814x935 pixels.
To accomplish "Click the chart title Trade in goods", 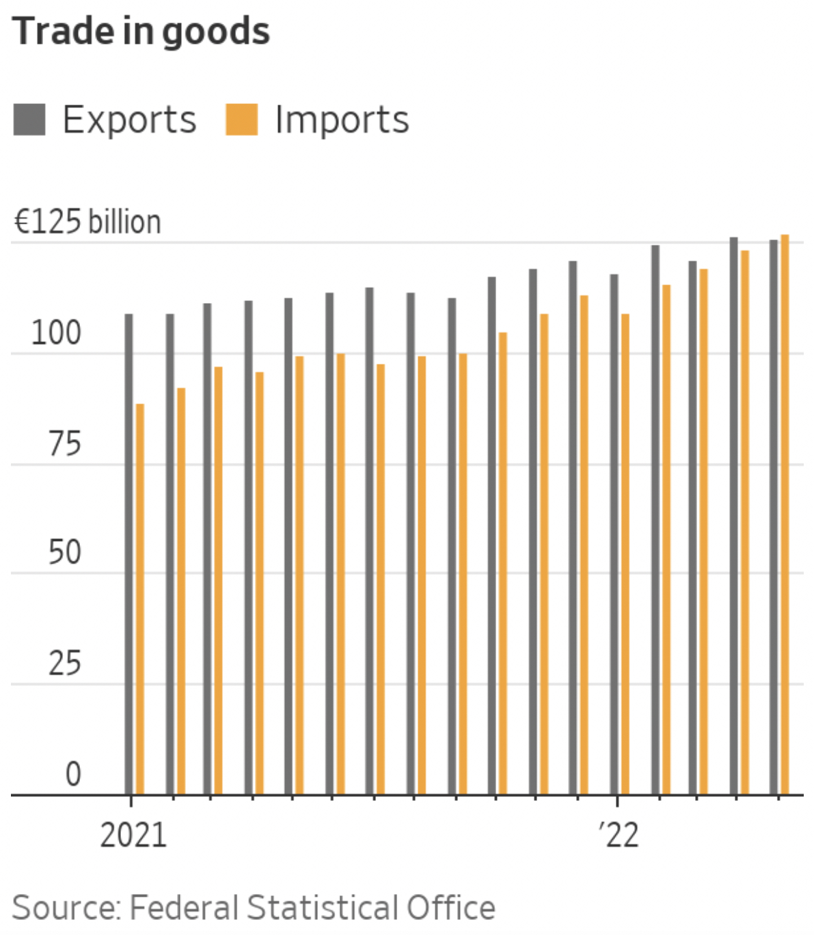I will (x=141, y=31).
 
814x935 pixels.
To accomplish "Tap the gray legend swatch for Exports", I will (x=29, y=120).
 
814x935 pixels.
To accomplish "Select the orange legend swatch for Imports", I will (x=242, y=120).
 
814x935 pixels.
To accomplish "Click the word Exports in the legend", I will (x=129, y=120).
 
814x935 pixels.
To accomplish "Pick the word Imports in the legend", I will (x=342, y=120).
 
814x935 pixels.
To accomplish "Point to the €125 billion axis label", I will (x=87, y=222).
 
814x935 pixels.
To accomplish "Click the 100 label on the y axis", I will (x=56, y=333).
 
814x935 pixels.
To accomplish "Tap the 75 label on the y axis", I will (x=64, y=444).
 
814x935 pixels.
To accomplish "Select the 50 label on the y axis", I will (x=64, y=553).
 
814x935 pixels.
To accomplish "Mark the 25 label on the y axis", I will (x=64, y=663).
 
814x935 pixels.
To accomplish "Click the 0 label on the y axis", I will (x=73, y=774).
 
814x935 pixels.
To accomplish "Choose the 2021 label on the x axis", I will (x=133, y=835).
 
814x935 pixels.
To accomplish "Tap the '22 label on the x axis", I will (x=619, y=835).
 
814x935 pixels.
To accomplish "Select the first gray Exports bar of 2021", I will (x=128, y=554).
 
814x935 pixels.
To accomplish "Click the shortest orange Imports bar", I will (x=140, y=598).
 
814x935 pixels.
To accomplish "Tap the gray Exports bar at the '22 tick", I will (x=614, y=534).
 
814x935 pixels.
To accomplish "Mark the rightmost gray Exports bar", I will (x=774, y=517).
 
